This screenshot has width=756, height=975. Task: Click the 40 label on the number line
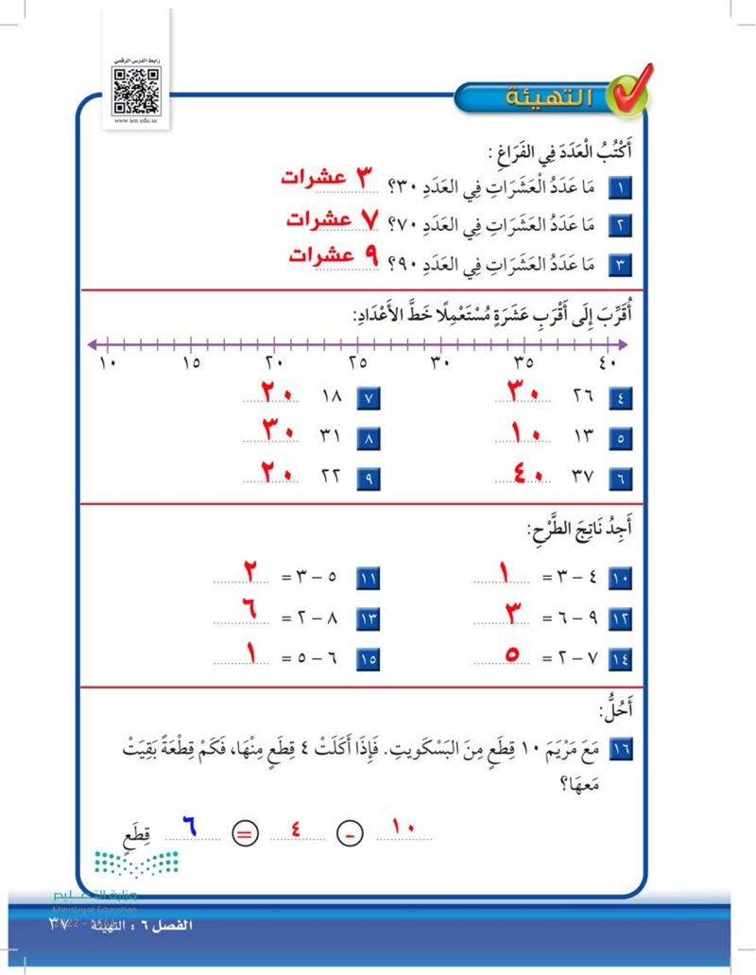coord(607,362)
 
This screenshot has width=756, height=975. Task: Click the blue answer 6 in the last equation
coord(188,829)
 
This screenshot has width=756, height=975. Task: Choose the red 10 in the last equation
coord(404,829)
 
